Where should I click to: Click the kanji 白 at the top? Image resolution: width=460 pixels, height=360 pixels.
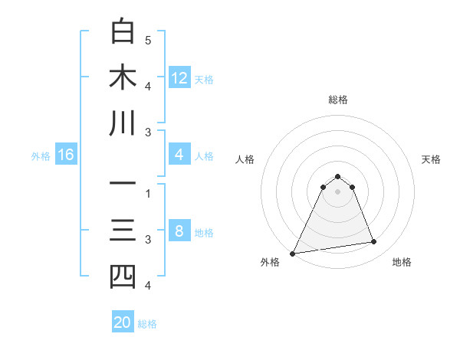tap(123, 31)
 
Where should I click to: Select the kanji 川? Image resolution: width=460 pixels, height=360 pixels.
tap(123, 123)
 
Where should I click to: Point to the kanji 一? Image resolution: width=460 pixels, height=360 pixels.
tap(123, 184)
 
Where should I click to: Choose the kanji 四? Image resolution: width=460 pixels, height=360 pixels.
tap(123, 277)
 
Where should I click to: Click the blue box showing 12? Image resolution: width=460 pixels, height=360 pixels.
tap(179, 77)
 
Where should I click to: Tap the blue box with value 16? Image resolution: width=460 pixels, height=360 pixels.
tap(66, 155)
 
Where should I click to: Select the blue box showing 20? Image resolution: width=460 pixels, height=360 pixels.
tap(123, 322)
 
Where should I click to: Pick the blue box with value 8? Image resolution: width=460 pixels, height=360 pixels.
tap(179, 232)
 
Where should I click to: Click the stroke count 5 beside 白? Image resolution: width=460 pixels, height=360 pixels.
tap(148, 40)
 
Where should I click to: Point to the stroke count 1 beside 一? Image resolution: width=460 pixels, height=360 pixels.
tap(148, 193)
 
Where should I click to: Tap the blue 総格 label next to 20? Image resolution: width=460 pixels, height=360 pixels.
tap(147, 324)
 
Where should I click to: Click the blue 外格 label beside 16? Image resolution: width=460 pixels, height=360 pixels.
tap(41, 156)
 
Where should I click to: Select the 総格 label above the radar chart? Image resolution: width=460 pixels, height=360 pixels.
tap(337, 100)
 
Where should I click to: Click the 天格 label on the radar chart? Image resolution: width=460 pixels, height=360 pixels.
tap(431, 159)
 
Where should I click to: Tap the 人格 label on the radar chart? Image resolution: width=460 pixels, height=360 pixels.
tap(245, 159)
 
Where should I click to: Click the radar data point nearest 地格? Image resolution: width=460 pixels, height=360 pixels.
tap(374, 242)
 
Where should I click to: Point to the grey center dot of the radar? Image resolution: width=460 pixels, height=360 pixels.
tap(337, 191)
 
